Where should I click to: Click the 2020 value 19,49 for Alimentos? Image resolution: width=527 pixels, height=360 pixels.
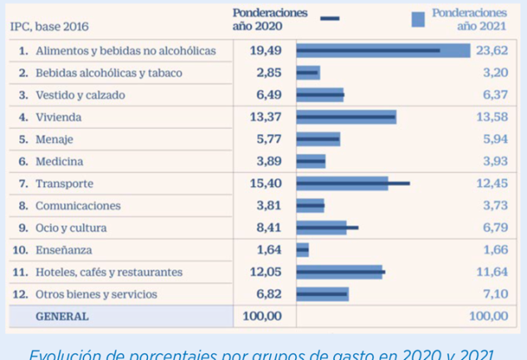pyautogui.click(x=265, y=51)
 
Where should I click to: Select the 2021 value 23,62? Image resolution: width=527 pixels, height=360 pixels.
pyautogui.click(x=491, y=51)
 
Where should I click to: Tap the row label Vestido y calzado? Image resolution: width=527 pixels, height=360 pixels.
pyautogui.click(x=80, y=96)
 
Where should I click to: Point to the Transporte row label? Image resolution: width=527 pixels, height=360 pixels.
pyautogui.click(x=64, y=184)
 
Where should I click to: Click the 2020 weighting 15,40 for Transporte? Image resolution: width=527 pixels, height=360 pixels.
pyautogui.click(x=265, y=184)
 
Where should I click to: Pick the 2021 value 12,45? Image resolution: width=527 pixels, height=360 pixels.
pyautogui.click(x=491, y=184)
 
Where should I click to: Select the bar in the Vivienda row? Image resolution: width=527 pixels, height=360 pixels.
pyautogui.click(x=346, y=117)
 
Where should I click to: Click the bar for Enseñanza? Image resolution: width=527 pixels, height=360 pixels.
pyautogui.click(x=303, y=249)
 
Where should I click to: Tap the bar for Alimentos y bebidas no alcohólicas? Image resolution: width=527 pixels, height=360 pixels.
pyautogui.click(x=382, y=51)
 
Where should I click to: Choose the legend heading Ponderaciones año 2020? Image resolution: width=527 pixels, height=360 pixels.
pyautogui.click(x=269, y=20)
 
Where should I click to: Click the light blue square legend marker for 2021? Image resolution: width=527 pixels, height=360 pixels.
pyautogui.click(x=418, y=19)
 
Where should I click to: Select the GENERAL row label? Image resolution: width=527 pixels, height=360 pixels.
pyautogui.click(x=62, y=317)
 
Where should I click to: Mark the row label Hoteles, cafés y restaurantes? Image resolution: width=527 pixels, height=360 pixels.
pyautogui.click(x=108, y=272)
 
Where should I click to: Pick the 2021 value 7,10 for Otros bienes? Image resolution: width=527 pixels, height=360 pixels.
pyautogui.click(x=495, y=294)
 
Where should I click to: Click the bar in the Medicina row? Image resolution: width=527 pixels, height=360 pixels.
pyautogui.click(x=311, y=161)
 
